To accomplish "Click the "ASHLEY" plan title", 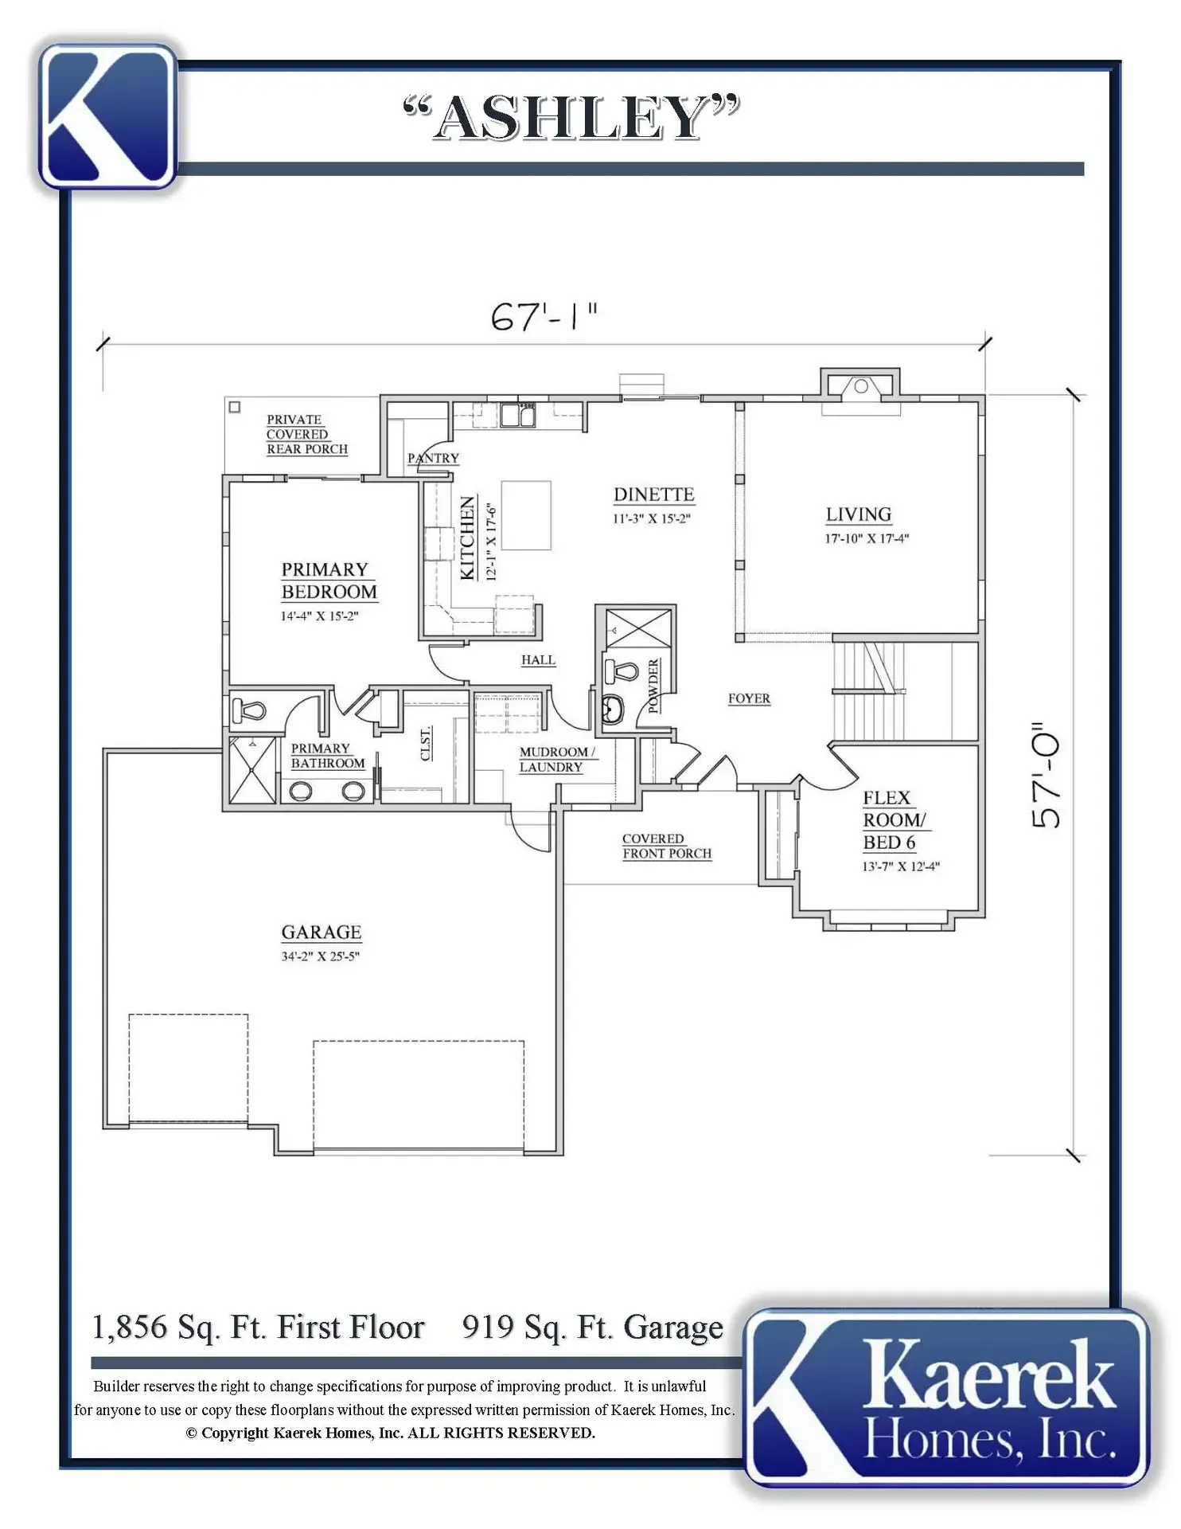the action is pos(571,117).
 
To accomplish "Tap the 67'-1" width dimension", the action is pos(544,316).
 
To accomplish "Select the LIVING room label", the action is pos(858,514).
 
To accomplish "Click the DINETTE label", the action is pos(653,495).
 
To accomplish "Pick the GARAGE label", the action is pos(321,932).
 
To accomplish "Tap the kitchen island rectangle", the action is pos(526,515).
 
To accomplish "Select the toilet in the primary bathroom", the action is pos(248,708).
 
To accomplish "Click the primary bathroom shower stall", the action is pos(252,770).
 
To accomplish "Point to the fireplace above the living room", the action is pos(860,387).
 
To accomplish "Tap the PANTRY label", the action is pos(433,458).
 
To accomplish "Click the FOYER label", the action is pos(749,698).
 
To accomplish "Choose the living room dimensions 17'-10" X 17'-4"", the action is pos(867,538).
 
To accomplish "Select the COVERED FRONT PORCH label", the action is pos(667,846).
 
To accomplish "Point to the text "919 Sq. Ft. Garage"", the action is pos(593,1328).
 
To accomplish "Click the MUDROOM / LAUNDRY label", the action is pos(557,759).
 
